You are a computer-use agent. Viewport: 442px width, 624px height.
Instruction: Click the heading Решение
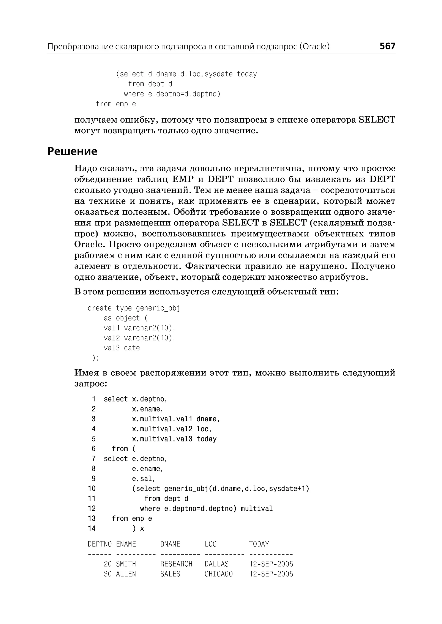pos(72,151)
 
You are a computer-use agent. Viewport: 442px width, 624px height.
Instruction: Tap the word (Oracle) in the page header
pos(314,47)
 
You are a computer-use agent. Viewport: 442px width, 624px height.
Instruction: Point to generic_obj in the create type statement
pos(158,308)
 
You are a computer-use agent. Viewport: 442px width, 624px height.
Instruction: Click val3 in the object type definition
pos(112,348)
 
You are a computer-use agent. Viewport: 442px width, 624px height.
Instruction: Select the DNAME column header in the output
pos(170,544)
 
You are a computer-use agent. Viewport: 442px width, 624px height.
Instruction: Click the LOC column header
pos(210,544)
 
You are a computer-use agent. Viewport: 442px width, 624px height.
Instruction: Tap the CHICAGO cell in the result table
pos(219,574)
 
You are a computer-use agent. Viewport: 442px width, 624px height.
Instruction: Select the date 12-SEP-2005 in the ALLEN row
pos(271,574)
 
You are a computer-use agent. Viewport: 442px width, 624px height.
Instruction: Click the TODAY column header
pos(259,544)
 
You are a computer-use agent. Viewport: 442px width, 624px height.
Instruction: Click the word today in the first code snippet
pos(247,74)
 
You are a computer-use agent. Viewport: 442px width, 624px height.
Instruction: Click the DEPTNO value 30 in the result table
pos(108,574)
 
